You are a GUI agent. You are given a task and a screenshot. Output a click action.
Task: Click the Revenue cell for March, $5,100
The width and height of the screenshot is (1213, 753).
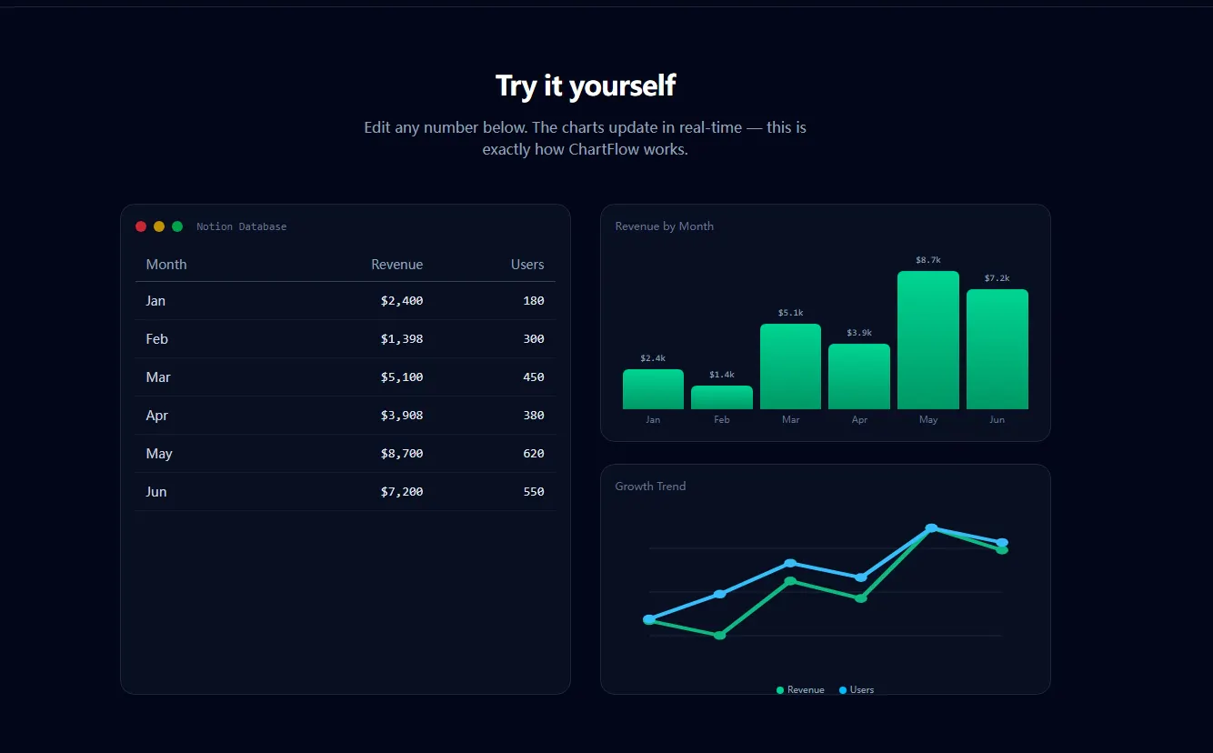(x=401, y=377)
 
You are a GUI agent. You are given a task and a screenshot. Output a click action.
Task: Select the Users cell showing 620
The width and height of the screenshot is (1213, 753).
(x=534, y=454)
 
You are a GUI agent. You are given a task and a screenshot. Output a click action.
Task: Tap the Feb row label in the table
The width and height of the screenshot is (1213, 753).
(x=157, y=339)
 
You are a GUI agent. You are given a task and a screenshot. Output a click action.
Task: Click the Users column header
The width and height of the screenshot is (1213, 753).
(x=527, y=265)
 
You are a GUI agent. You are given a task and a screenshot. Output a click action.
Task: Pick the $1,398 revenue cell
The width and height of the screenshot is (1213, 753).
(x=401, y=339)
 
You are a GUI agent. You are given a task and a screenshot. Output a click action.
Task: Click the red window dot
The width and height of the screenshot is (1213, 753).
(x=141, y=226)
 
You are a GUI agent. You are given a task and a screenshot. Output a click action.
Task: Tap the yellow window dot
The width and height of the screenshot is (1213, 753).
(x=158, y=226)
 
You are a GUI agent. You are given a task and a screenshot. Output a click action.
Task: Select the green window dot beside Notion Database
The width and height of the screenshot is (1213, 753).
(x=177, y=226)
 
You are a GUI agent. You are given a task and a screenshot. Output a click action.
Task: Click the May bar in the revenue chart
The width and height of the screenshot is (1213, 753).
(x=928, y=340)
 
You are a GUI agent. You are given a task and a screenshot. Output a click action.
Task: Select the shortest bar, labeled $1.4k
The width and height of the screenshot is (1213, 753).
(x=722, y=397)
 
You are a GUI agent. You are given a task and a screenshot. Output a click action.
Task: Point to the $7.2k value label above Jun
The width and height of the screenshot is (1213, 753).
(x=997, y=278)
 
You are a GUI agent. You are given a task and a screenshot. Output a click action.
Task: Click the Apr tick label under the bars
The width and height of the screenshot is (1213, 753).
(x=859, y=420)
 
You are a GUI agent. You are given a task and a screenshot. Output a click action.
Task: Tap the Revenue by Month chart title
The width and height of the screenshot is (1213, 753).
(x=665, y=226)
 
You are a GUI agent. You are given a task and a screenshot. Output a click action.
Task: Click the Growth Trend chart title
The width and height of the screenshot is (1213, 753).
(x=650, y=487)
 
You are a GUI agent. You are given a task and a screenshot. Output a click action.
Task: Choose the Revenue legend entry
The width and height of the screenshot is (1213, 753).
(x=800, y=690)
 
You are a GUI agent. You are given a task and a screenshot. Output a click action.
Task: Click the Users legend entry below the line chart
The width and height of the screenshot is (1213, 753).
(x=857, y=690)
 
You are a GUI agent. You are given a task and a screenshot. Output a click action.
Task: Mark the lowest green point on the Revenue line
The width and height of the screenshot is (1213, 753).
(x=719, y=636)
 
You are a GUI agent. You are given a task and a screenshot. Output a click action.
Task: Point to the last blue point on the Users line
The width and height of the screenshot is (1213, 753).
(x=1002, y=542)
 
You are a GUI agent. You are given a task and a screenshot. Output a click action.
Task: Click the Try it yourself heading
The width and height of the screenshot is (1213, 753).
(x=586, y=85)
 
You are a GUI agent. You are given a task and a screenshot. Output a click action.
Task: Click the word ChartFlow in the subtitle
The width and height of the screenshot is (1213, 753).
(x=604, y=149)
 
